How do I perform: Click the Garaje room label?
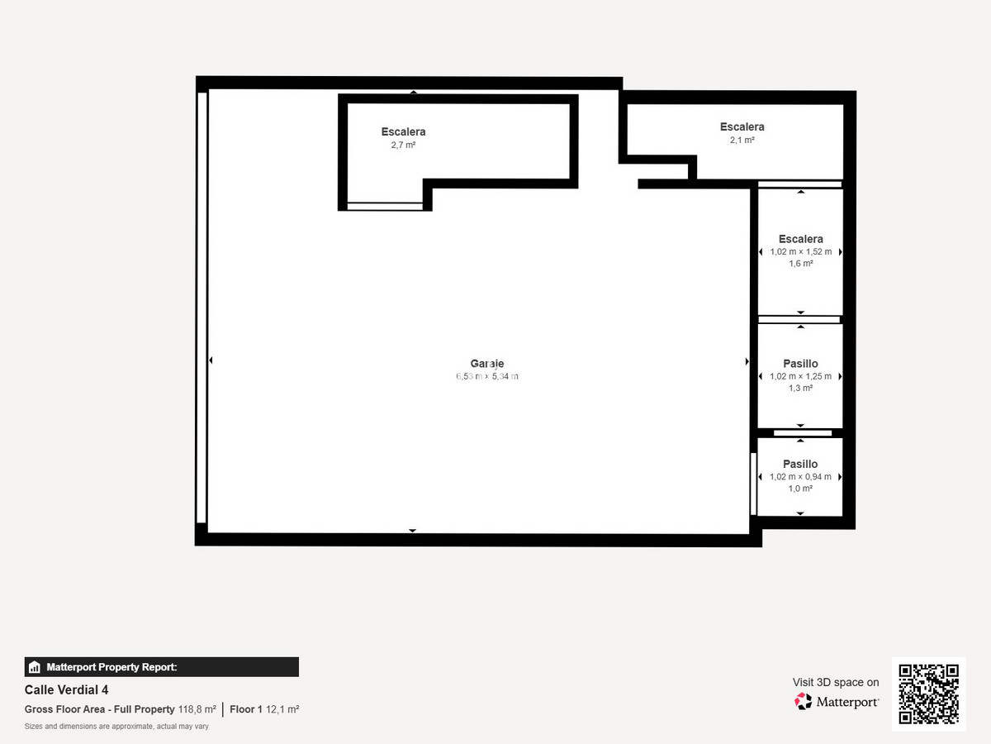pyautogui.click(x=487, y=364)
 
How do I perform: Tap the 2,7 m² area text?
pyautogui.click(x=403, y=145)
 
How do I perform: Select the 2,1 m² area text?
pyautogui.click(x=742, y=140)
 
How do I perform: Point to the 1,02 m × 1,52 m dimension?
pyautogui.click(x=800, y=251)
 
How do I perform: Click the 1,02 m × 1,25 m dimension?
pyautogui.click(x=800, y=376)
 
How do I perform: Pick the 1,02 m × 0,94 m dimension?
pyautogui.click(x=800, y=476)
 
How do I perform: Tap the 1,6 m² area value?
pyautogui.click(x=800, y=264)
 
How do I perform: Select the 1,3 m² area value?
pyautogui.click(x=800, y=388)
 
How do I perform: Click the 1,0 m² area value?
pyautogui.click(x=800, y=489)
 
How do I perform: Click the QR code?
pyautogui.click(x=928, y=694)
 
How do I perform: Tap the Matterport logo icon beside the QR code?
pyautogui.click(x=803, y=702)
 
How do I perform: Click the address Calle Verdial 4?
pyautogui.click(x=66, y=689)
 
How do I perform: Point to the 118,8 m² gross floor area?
pyautogui.click(x=197, y=709)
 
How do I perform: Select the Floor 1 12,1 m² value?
pyautogui.click(x=264, y=709)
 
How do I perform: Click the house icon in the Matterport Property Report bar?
pyautogui.click(x=35, y=667)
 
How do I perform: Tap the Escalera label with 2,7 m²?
pyautogui.click(x=403, y=131)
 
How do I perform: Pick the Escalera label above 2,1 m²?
pyautogui.click(x=742, y=126)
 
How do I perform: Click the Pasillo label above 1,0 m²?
pyautogui.click(x=800, y=464)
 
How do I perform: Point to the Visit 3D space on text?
pyautogui.click(x=836, y=682)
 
